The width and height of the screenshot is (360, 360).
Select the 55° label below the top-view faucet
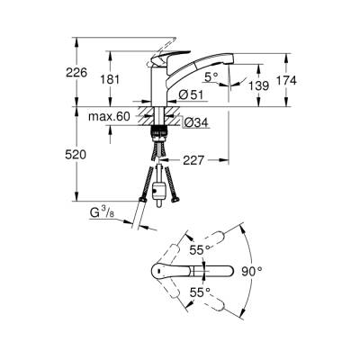coord(199,292)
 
